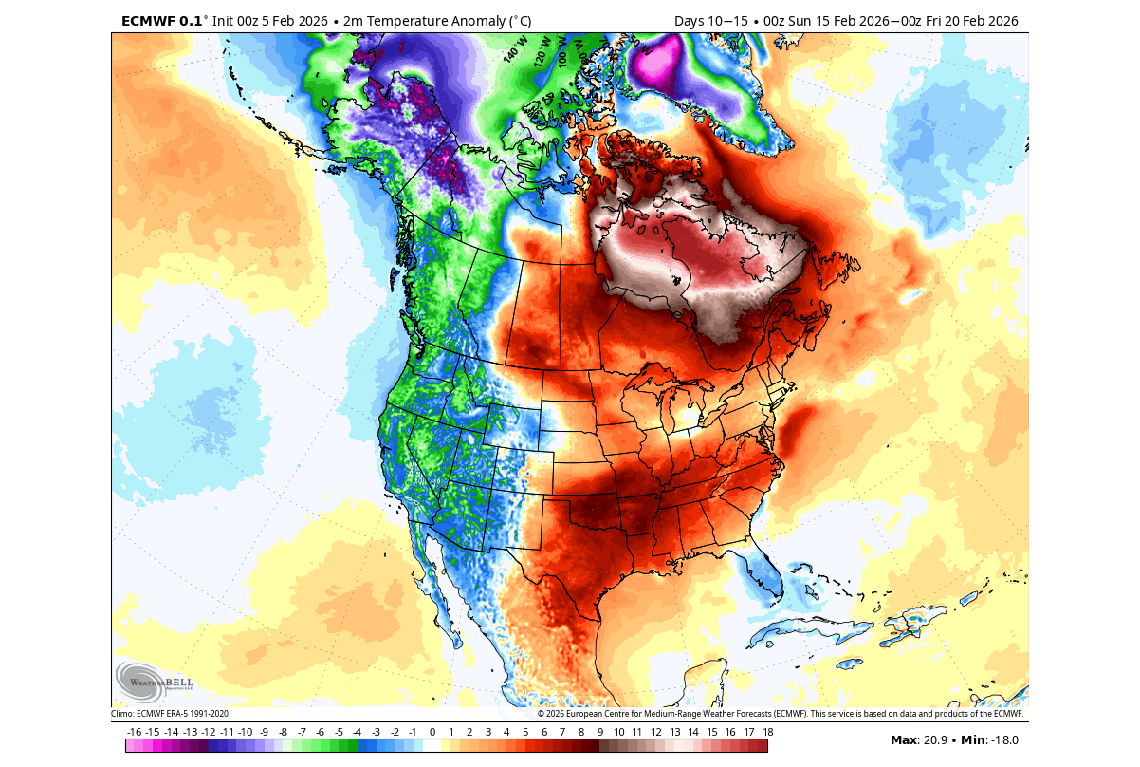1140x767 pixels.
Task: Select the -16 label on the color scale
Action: pyautogui.click(x=134, y=732)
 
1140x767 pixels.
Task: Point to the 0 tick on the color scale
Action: pyautogui.click(x=432, y=732)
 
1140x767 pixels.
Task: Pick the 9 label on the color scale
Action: pyautogui.click(x=599, y=732)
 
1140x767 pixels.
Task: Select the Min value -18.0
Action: pyautogui.click(x=1001, y=740)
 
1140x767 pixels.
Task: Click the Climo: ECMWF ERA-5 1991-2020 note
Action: pyautogui.click(x=170, y=714)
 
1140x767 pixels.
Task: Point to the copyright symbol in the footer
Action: pyautogui.click(x=542, y=714)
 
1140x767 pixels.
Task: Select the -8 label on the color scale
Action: pyautogui.click(x=283, y=732)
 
